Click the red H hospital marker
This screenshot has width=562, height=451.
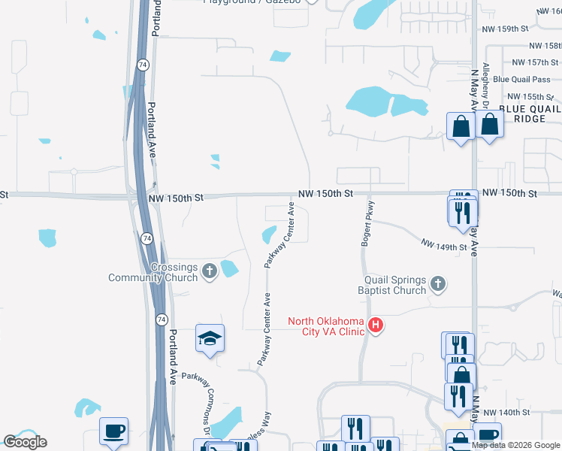(376, 326)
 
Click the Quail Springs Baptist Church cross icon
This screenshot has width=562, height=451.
(439, 284)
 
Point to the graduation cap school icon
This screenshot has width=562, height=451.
(210, 339)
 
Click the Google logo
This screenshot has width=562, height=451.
(25, 441)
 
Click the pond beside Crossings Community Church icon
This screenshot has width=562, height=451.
(230, 267)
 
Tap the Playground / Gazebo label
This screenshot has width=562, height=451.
(252, 2)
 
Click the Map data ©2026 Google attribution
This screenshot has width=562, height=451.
(515, 445)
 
